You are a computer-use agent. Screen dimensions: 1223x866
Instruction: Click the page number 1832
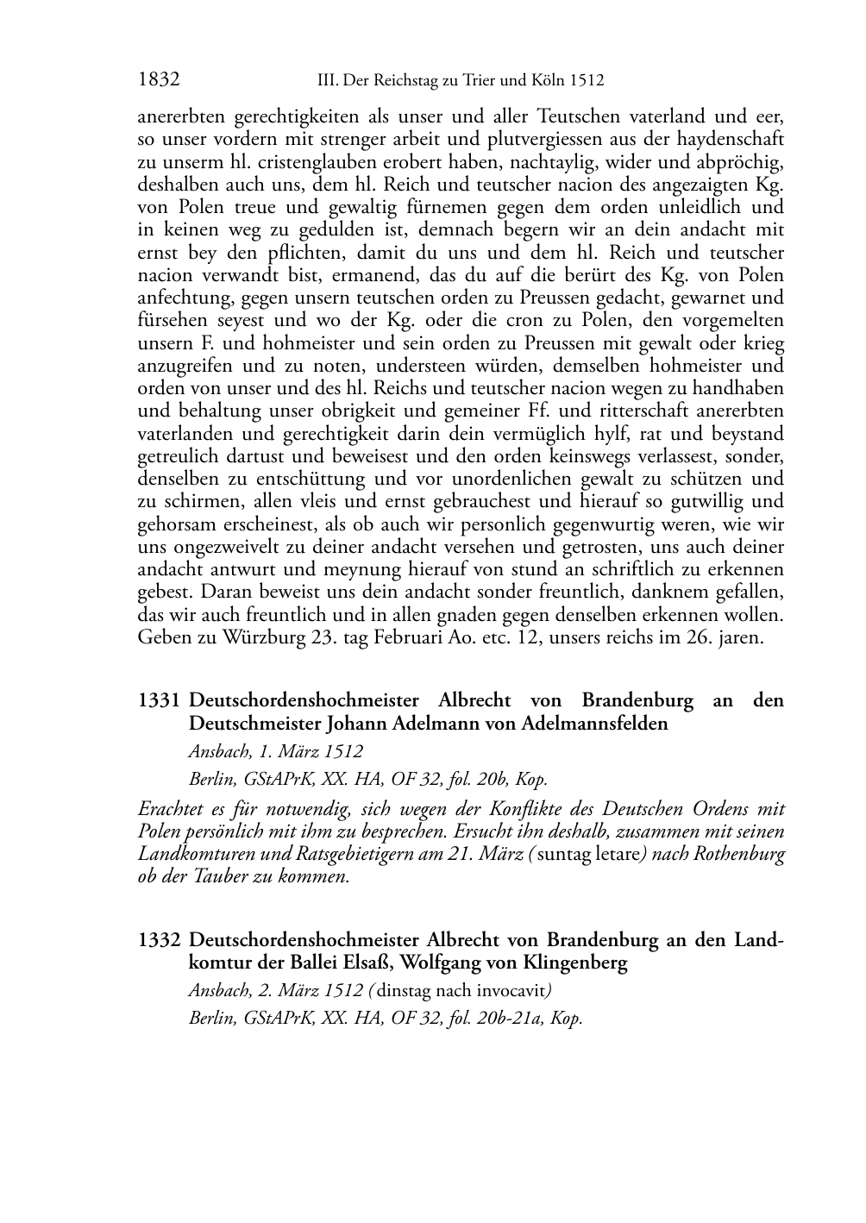159,80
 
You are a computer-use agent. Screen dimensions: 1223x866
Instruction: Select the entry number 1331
160,700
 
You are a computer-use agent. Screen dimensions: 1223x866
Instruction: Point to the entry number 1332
160,940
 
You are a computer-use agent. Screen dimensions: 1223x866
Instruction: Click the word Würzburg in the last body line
253,639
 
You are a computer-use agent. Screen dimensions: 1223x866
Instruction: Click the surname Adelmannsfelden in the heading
595,724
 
